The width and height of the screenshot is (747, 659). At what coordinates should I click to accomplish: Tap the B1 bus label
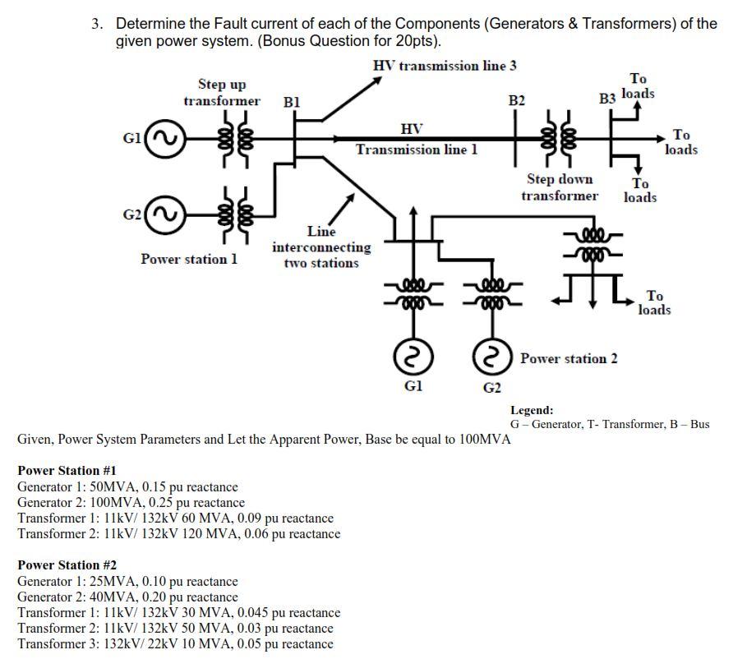291,103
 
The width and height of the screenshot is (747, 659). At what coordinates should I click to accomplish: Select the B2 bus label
516,100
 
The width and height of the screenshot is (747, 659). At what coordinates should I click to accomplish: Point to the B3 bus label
607,99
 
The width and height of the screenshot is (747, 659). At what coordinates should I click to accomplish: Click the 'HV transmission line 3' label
445,66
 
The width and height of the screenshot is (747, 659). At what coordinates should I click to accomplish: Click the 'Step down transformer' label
559,187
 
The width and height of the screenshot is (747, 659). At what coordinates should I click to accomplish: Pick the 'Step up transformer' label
222,93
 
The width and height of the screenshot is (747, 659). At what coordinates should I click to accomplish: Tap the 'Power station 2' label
569,358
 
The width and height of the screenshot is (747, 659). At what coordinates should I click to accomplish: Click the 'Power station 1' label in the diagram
189,259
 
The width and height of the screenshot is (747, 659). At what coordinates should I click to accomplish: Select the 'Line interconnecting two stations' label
321,247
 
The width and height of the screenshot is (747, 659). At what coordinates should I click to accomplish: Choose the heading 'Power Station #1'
67,471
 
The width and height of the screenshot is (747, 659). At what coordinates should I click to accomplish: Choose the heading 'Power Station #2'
67,565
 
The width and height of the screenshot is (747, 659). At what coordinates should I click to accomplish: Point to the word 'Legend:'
532,410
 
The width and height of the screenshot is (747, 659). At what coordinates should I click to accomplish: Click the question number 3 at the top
97,24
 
